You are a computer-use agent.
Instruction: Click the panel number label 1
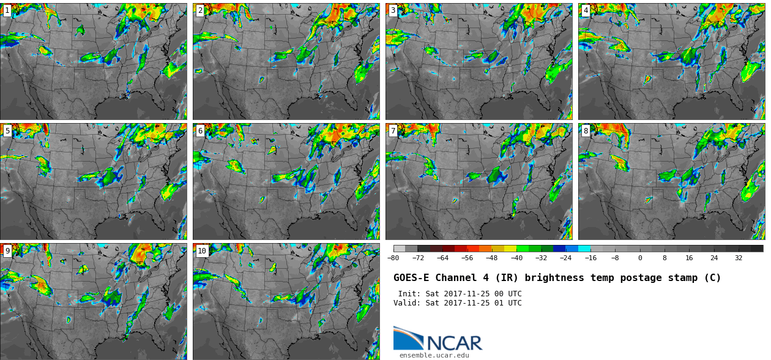coord(7,10)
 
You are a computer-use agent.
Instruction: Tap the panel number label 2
coord(200,10)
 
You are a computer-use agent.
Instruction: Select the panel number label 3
coord(393,10)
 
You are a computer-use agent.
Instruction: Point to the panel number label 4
coord(586,10)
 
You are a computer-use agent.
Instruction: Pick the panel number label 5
coord(7,131)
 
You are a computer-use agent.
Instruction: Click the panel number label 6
coord(200,131)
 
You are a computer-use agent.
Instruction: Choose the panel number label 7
coord(393,131)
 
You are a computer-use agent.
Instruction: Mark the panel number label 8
coord(586,131)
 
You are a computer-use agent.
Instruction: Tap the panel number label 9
coord(7,251)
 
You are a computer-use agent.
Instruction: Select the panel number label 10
coord(202,251)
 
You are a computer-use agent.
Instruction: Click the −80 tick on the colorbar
coord(393,258)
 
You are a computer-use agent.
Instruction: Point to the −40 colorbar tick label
coord(516,258)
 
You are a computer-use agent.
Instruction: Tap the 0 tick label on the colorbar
coord(640,258)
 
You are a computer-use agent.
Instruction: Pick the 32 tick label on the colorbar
coord(739,258)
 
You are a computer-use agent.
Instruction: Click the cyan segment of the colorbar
coord(584,249)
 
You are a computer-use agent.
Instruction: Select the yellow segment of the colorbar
coord(510,249)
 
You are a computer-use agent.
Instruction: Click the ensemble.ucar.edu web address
coord(434,355)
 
